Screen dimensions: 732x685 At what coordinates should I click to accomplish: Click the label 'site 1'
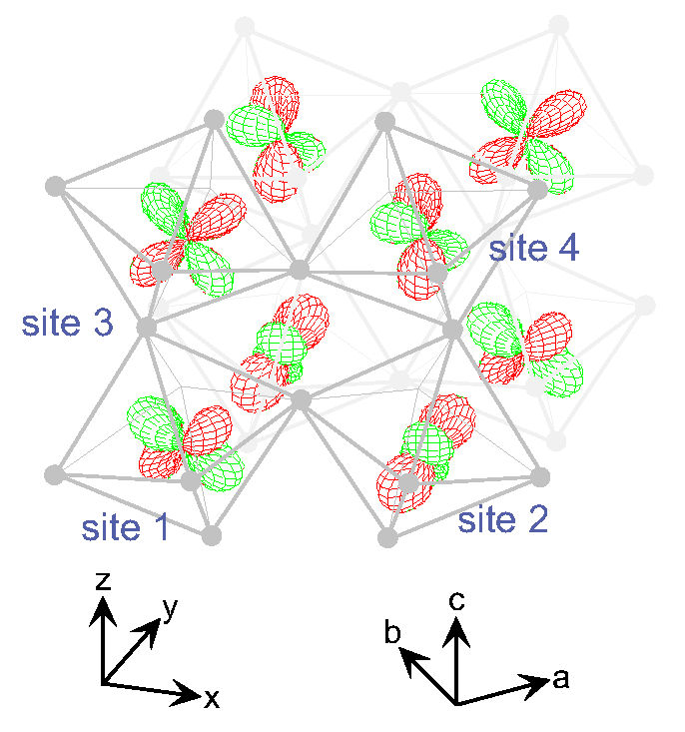click(x=125, y=526)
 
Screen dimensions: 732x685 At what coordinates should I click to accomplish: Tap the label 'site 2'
click(x=502, y=518)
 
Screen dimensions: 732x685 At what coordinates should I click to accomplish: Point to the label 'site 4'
click(x=532, y=247)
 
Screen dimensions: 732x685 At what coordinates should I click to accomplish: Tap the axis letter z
click(x=101, y=582)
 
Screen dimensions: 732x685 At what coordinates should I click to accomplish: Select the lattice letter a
click(x=560, y=679)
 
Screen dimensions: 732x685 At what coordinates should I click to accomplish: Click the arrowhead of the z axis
click(x=101, y=608)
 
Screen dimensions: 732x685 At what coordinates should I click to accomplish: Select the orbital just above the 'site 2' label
click(x=424, y=450)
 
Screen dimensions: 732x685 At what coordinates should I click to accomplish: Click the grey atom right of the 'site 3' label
click(x=146, y=326)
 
